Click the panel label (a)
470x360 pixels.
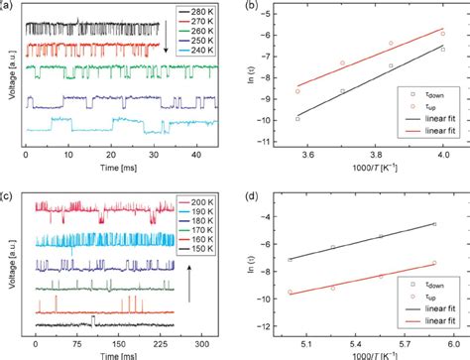tap(9, 7)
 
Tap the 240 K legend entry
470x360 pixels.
tap(191, 58)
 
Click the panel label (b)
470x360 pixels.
tap(246, 7)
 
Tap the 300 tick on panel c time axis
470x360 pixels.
tap(201, 339)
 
